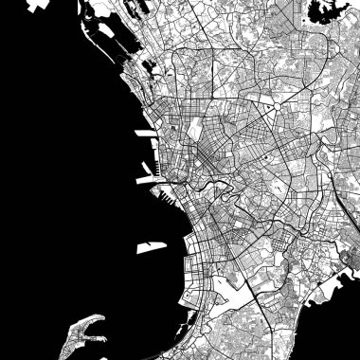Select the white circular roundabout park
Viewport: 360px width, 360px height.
269,110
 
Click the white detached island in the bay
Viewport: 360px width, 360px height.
148,247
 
